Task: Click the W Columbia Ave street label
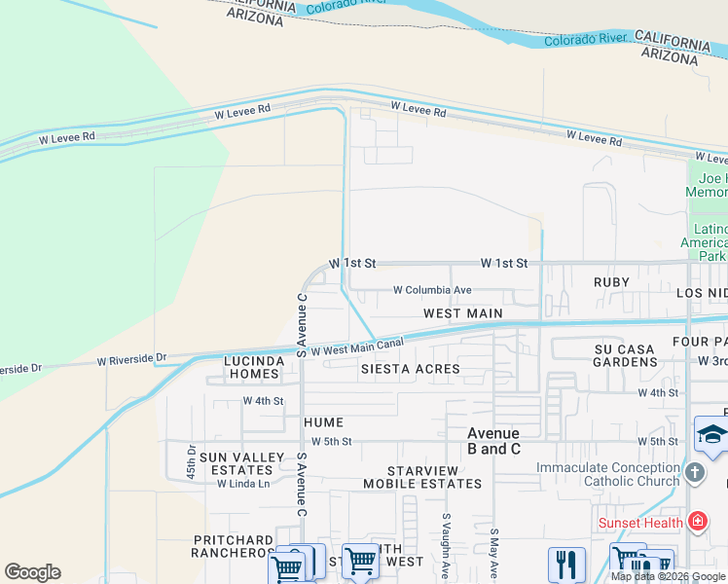pos(432,290)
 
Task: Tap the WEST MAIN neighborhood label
pos(462,313)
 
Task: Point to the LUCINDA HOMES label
pos(254,367)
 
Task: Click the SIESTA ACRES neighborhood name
pos(410,370)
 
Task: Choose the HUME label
pos(323,422)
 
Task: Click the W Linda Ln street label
pos(242,484)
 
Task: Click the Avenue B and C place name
pos(493,441)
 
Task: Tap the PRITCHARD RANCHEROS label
pos(234,546)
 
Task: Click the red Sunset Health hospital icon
pos(697,523)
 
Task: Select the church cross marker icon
pos(693,474)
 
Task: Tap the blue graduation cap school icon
pos(711,434)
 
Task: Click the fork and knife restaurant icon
pos(566,564)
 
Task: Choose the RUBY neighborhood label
pos(611,282)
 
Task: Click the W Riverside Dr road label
pos(131,361)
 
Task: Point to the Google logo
pos(32,572)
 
